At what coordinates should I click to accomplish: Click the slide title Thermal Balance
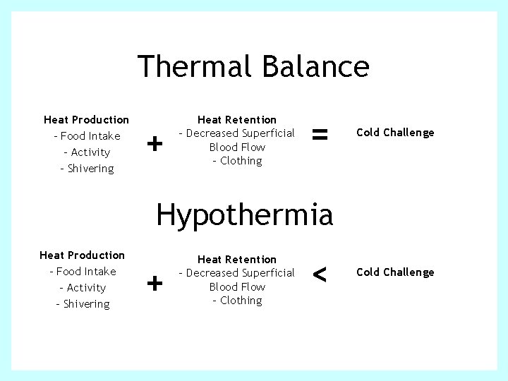point(253,66)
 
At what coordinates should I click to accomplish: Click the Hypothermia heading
point(244,213)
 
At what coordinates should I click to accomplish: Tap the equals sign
point(320,133)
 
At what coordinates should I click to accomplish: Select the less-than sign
point(320,274)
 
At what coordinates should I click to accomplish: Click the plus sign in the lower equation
point(155,284)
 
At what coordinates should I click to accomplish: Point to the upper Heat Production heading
point(86,120)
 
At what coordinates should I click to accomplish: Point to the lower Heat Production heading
point(82,255)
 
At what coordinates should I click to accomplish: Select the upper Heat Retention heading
point(237,120)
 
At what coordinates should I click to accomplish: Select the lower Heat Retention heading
point(237,260)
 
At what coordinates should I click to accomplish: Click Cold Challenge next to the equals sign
point(395,133)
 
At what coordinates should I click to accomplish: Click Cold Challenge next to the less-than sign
point(395,272)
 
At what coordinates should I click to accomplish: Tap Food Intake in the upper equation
point(90,136)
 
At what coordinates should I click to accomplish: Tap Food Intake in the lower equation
point(85,272)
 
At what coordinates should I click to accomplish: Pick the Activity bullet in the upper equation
point(90,152)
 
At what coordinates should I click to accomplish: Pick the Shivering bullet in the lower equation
point(85,304)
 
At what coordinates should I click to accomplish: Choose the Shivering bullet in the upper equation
point(90,169)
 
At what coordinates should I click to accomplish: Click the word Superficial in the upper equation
point(268,133)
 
